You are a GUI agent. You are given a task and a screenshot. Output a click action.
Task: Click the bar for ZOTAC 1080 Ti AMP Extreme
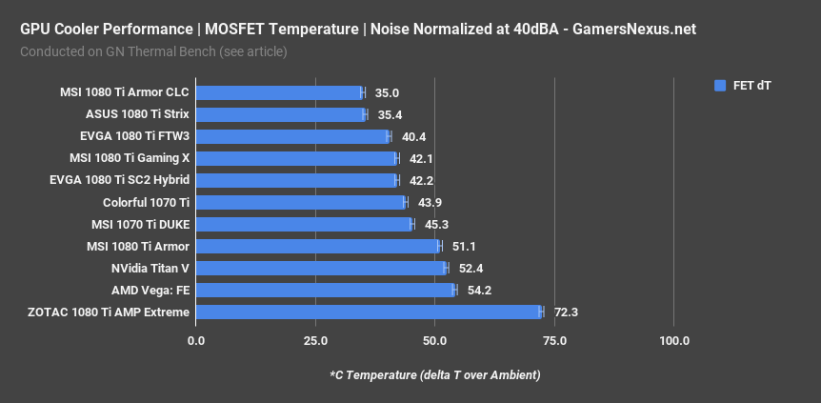coord(370,312)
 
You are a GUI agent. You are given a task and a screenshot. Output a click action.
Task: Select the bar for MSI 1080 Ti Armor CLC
coord(280,92)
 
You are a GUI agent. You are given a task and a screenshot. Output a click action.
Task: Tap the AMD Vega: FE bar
coord(326,290)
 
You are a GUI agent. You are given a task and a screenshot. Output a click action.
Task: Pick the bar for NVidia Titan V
coord(322,268)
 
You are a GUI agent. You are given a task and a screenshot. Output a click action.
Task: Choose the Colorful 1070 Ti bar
coord(301,202)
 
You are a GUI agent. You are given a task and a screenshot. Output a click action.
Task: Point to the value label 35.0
coord(387,93)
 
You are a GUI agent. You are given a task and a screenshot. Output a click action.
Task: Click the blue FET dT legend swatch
coord(720,86)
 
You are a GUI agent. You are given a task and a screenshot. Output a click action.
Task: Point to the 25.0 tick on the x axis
coord(315,341)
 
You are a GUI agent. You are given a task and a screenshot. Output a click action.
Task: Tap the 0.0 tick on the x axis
coord(197,341)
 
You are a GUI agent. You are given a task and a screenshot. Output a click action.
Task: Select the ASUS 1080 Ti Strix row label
coord(137,114)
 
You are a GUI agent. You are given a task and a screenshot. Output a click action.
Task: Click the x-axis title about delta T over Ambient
coord(434,374)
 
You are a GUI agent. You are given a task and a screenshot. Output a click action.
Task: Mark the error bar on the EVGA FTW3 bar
coord(389,136)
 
